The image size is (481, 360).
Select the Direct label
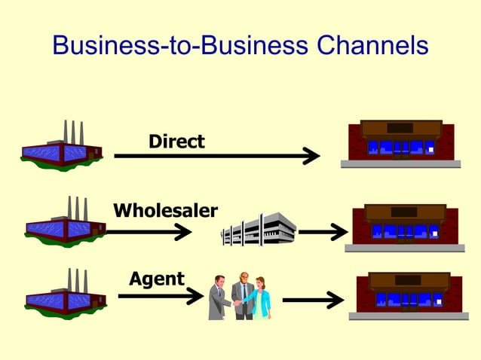[x=176, y=141]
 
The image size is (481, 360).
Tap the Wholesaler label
[x=166, y=209]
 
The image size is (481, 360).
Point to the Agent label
[x=157, y=279]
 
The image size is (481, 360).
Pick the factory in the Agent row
[x=66, y=294]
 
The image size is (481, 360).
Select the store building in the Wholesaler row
[x=405, y=225]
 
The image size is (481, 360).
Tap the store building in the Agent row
[x=409, y=294]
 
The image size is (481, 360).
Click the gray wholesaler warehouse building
[x=258, y=228]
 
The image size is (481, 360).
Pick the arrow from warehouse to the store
[x=322, y=232]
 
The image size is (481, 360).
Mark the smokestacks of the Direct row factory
[x=73, y=131]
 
